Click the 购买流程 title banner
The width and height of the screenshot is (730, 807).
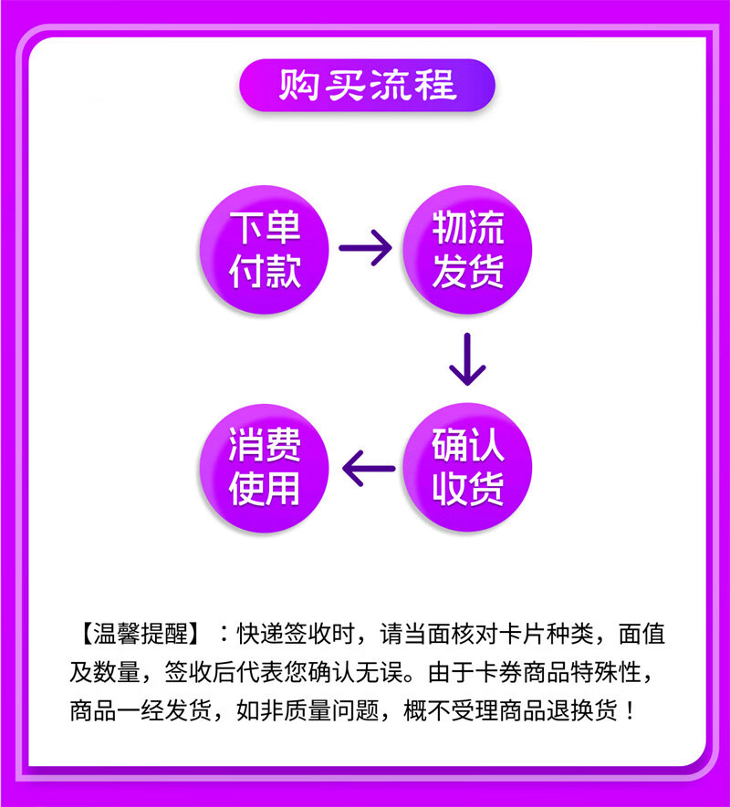pos(366,86)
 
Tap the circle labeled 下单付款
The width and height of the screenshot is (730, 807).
pos(265,249)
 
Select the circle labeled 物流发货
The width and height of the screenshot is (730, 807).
pos(467,249)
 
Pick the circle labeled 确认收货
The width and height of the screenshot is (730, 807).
pos(467,469)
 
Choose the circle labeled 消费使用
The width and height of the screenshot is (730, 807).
pos(265,469)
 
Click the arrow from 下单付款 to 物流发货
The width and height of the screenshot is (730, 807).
pos(365,247)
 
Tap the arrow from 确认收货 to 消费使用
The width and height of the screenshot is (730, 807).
pos(368,469)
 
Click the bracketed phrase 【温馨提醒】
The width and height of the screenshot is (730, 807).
pos(140,633)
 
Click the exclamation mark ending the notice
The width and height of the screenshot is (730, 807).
pos(627,710)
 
